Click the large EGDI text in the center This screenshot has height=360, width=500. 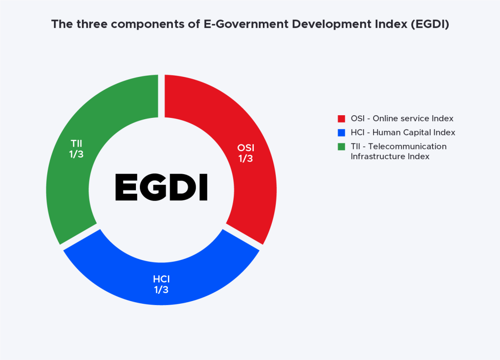pyautogui.click(x=161, y=187)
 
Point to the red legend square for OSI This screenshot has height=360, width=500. pyautogui.click(x=341, y=119)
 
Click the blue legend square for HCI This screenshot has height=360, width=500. pyautogui.click(x=341, y=133)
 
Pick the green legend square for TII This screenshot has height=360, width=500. pyautogui.click(x=341, y=147)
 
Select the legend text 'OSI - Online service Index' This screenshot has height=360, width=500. pyautogui.click(x=402, y=119)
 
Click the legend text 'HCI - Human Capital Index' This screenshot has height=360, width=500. pyautogui.click(x=403, y=133)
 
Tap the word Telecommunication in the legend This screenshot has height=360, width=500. pyautogui.click(x=407, y=147)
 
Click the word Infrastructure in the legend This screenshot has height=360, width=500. pyautogui.click(x=376, y=157)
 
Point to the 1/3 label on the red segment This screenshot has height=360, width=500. pyautogui.click(x=246, y=158)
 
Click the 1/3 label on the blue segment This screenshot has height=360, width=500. pyautogui.click(x=161, y=290)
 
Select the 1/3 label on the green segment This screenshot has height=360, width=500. pyautogui.click(x=77, y=154)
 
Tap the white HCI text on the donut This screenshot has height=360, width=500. pyautogui.click(x=161, y=279)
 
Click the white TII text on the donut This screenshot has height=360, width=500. pyautogui.click(x=77, y=144)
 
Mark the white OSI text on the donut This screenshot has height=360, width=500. pyautogui.click(x=246, y=148)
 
